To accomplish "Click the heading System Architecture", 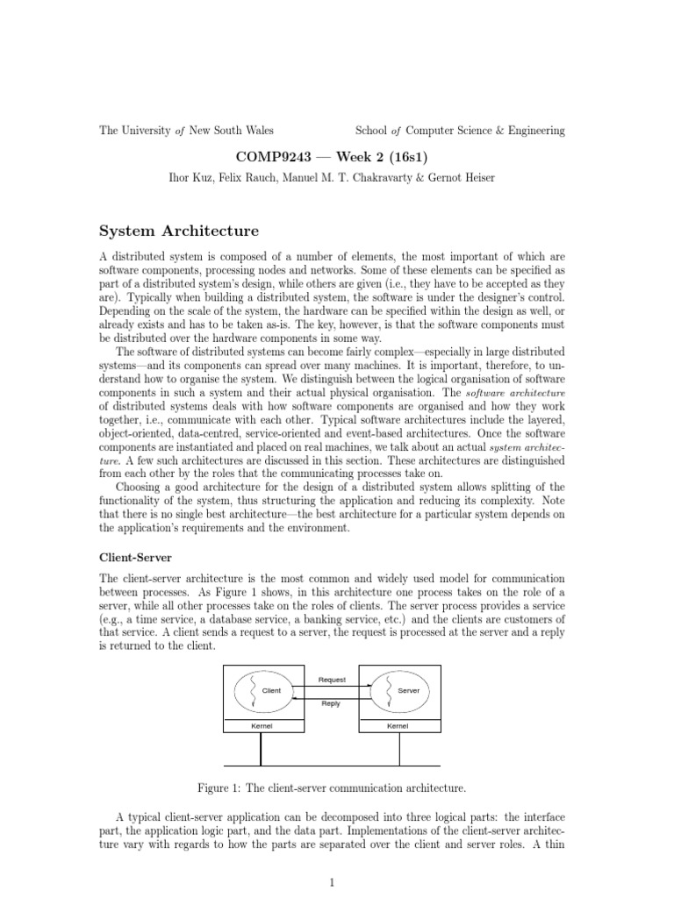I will click(x=179, y=232).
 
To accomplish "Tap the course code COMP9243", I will click(x=269, y=155).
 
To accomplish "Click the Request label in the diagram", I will click(x=332, y=680).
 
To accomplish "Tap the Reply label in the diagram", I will click(x=332, y=703).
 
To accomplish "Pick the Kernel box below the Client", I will click(x=261, y=726).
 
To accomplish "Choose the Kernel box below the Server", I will click(x=399, y=726).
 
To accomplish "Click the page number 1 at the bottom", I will click(x=333, y=883).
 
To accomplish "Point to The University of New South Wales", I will click(x=186, y=131).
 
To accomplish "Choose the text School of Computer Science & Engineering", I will click(x=460, y=131).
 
